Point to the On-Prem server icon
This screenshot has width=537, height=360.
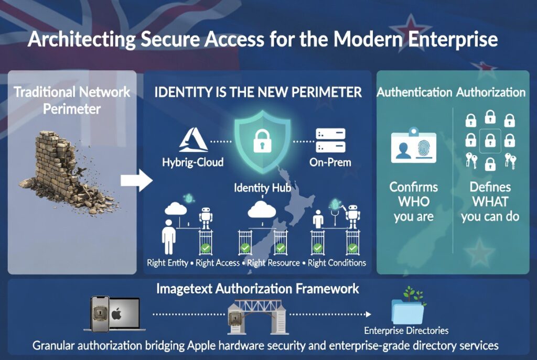(330, 140)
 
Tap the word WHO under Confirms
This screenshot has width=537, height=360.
(414, 202)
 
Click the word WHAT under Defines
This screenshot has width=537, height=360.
(490, 202)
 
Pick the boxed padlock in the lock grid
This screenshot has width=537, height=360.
(490, 140)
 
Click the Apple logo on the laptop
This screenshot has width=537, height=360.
(116, 314)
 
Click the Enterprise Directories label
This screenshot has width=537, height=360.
(407, 331)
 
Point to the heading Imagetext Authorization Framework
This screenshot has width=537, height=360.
(257, 288)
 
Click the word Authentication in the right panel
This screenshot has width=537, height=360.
(414, 93)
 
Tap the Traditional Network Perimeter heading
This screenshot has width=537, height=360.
(72, 101)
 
